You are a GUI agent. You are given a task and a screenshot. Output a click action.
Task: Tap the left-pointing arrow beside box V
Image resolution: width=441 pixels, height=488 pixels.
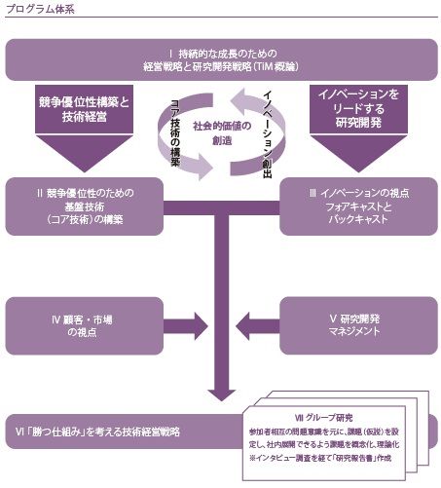(x=255, y=325)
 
